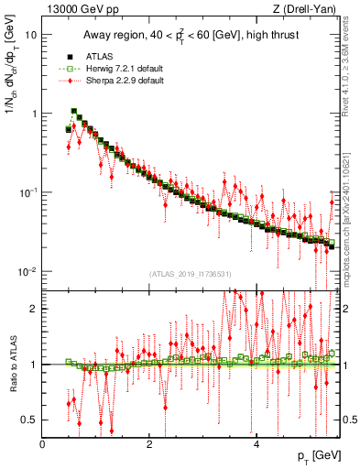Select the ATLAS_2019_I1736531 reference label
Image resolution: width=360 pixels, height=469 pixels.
click(189, 274)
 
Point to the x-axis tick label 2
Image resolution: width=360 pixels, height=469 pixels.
click(149, 444)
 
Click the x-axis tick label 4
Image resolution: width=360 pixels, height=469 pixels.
click(256, 444)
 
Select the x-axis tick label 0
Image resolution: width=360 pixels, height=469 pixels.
click(43, 444)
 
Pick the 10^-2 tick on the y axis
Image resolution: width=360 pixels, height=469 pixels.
click(27, 272)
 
